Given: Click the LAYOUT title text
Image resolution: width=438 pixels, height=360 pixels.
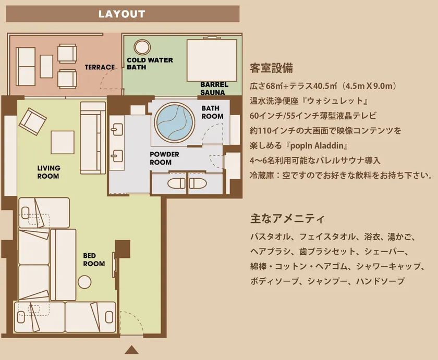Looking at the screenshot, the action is pyautogui.click(x=122, y=14).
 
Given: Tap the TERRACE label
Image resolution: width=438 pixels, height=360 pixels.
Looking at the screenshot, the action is pyautogui.click(x=100, y=67).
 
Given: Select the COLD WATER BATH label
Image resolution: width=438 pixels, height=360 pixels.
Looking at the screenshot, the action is pyautogui.click(x=150, y=64).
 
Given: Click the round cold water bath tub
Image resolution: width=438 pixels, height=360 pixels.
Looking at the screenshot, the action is pyautogui.click(x=142, y=47).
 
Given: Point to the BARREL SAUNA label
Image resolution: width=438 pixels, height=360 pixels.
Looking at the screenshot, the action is pyautogui.click(x=214, y=89).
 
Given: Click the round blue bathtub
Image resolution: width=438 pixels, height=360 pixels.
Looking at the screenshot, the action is pyautogui.click(x=175, y=122).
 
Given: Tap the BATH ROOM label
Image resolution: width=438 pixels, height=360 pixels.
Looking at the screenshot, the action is pyautogui.click(x=212, y=112).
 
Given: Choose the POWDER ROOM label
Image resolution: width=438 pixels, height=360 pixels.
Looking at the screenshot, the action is pyautogui.click(x=164, y=158).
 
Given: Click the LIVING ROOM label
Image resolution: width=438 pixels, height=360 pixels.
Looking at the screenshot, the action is pyautogui.click(x=48, y=172).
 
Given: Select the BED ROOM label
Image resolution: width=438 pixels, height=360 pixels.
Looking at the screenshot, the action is pyautogui.click(x=94, y=259).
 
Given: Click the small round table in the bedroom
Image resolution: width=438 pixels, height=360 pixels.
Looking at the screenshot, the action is pyautogui.click(x=84, y=282).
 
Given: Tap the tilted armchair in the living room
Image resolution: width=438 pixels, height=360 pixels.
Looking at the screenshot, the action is pyautogui.click(x=33, y=122).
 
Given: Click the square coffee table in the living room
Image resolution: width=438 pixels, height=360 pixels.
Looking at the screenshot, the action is pyautogui.click(x=63, y=142).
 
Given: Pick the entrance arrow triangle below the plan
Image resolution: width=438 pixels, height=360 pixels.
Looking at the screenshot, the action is pyautogui.click(x=131, y=350).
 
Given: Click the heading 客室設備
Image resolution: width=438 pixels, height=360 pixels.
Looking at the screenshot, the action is pyautogui.click(x=272, y=68).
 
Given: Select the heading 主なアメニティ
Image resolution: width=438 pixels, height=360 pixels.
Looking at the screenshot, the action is pyautogui.click(x=287, y=218).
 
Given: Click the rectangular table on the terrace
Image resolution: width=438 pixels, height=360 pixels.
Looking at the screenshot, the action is pyautogui.click(x=46, y=66).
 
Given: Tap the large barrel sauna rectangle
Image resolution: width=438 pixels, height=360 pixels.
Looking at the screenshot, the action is pyautogui.click(x=212, y=60).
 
